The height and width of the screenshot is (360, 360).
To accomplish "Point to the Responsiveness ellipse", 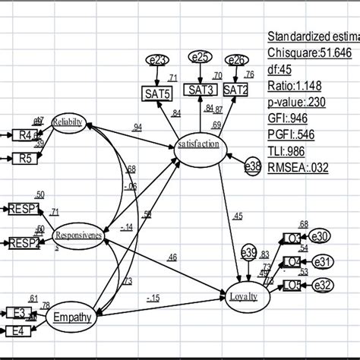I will (78, 235).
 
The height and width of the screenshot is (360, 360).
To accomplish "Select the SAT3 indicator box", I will (201, 90).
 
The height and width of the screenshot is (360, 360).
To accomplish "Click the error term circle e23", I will (158, 59).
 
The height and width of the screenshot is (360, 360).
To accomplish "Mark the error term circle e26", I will (237, 58).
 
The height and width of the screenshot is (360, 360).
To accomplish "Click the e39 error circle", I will (248, 253).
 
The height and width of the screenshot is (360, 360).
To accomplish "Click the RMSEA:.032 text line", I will (298, 167).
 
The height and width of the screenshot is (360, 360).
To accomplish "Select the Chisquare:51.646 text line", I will (309, 52).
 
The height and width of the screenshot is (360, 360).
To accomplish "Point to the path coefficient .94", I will (137, 128).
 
